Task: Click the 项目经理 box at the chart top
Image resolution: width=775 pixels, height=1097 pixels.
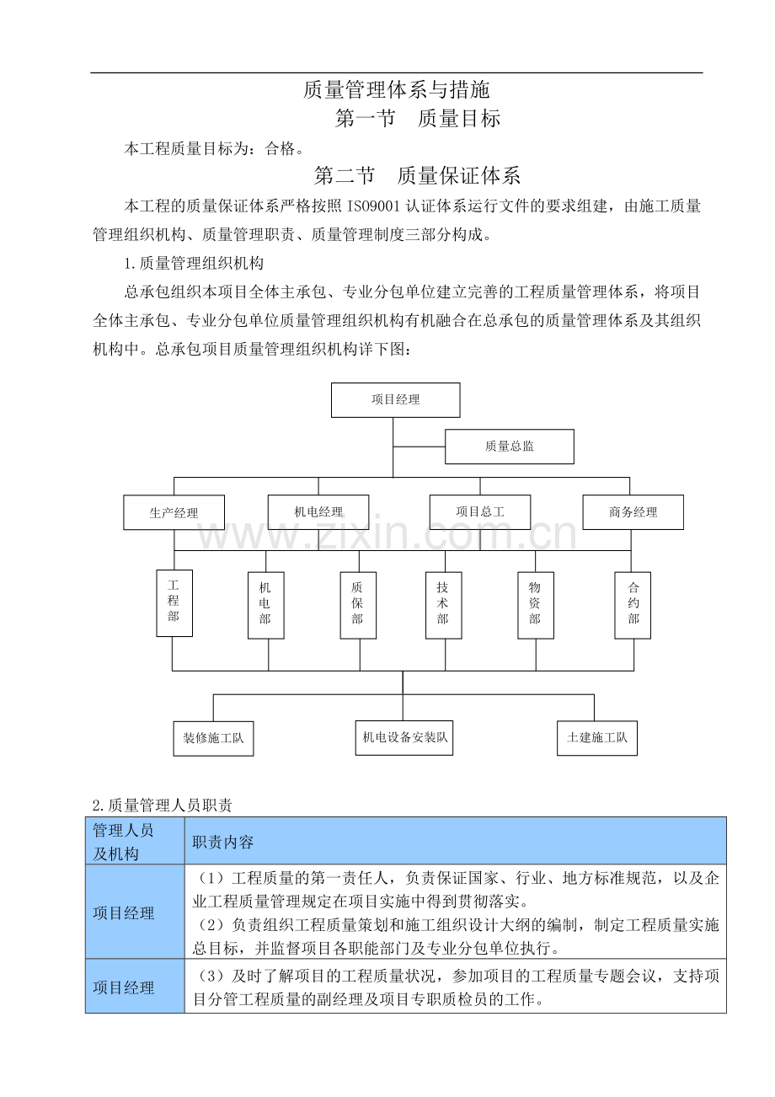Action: tap(395, 400)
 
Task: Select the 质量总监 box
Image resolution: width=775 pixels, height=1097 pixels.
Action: tap(509, 447)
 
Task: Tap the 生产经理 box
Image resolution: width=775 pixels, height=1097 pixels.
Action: tap(174, 512)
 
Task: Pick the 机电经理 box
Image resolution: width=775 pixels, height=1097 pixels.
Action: tap(318, 511)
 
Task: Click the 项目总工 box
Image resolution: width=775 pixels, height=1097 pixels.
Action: tap(479, 511)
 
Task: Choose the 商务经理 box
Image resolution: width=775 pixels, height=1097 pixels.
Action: tap(633, 512)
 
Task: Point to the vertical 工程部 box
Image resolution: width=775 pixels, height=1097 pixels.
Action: tap(174, 602)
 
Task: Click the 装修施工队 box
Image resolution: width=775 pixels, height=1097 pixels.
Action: tap(213, 739)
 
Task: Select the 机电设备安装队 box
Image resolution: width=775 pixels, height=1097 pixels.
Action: tap(404, 738)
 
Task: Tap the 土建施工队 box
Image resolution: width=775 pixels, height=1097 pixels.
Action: tap(596, 739)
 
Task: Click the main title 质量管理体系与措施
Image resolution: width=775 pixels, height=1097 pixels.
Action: tap(396, 89)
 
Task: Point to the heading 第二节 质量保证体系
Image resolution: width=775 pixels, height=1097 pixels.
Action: tap(417, 175)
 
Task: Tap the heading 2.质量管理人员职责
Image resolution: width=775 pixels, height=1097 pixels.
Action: tap(162, 805)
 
